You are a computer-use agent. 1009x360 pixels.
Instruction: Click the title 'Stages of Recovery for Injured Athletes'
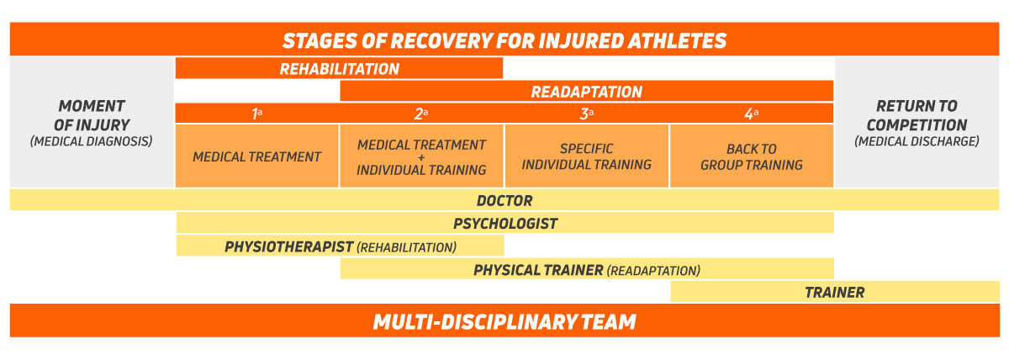point(504,40)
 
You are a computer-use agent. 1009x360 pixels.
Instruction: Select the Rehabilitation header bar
point(339,69)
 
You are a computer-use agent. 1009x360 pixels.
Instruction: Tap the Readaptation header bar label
point(586,92)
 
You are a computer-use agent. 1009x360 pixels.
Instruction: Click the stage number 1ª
point(257,114)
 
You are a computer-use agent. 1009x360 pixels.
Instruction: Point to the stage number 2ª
point(421,114)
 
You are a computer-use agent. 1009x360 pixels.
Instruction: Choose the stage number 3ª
point(586,114)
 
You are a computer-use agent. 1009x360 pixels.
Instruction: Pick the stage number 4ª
point(751,114)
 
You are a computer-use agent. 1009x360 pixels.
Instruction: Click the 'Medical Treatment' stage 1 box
point(257,156)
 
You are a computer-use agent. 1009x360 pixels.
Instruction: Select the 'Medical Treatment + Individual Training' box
point(421,157)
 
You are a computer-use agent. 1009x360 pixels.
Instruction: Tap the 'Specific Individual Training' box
point(586,156)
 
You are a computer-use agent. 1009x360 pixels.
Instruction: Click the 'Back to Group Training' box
point(751,156)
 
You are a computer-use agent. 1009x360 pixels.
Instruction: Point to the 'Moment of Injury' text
point(92,115)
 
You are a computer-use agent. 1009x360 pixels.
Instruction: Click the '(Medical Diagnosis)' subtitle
point(92,141)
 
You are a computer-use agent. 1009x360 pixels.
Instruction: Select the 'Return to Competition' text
point(917,115)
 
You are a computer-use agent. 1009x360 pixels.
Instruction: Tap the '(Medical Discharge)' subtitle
point(917,141)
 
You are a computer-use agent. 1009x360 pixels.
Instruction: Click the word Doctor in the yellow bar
point(504,201)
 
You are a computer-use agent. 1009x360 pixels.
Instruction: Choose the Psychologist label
point(504,224)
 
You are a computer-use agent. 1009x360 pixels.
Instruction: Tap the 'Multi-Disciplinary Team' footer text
point(504,321)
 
